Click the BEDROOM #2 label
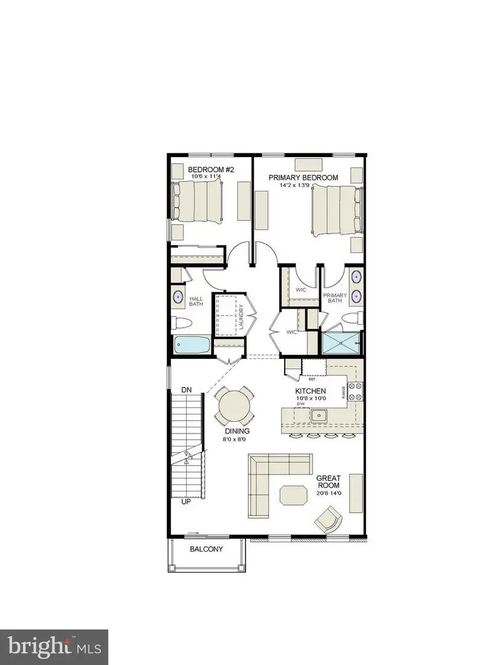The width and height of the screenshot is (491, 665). click(211, 169)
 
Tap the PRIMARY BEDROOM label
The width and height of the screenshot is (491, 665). click(303, 177)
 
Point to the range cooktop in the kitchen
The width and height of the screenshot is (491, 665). click(355, 393)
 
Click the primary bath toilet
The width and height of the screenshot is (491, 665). click(353, 319)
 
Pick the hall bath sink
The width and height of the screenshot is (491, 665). click(179, 297)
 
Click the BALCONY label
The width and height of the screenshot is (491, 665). click(206, 549)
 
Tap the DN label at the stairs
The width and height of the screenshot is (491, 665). click(188, 390)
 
